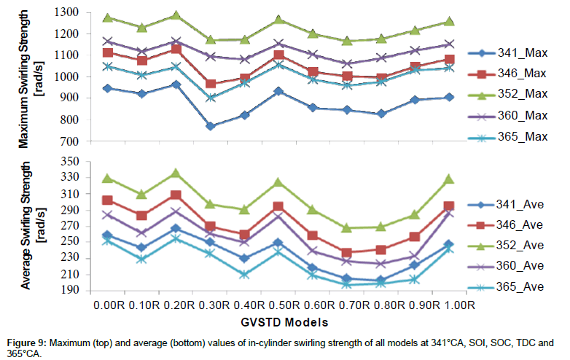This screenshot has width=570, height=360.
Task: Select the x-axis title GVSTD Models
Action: (280, 321)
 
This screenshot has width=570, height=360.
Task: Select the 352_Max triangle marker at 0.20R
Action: (175, 15)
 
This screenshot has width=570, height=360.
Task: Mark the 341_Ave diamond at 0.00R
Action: (108, 235)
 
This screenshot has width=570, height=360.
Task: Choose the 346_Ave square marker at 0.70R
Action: (347, 253)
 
